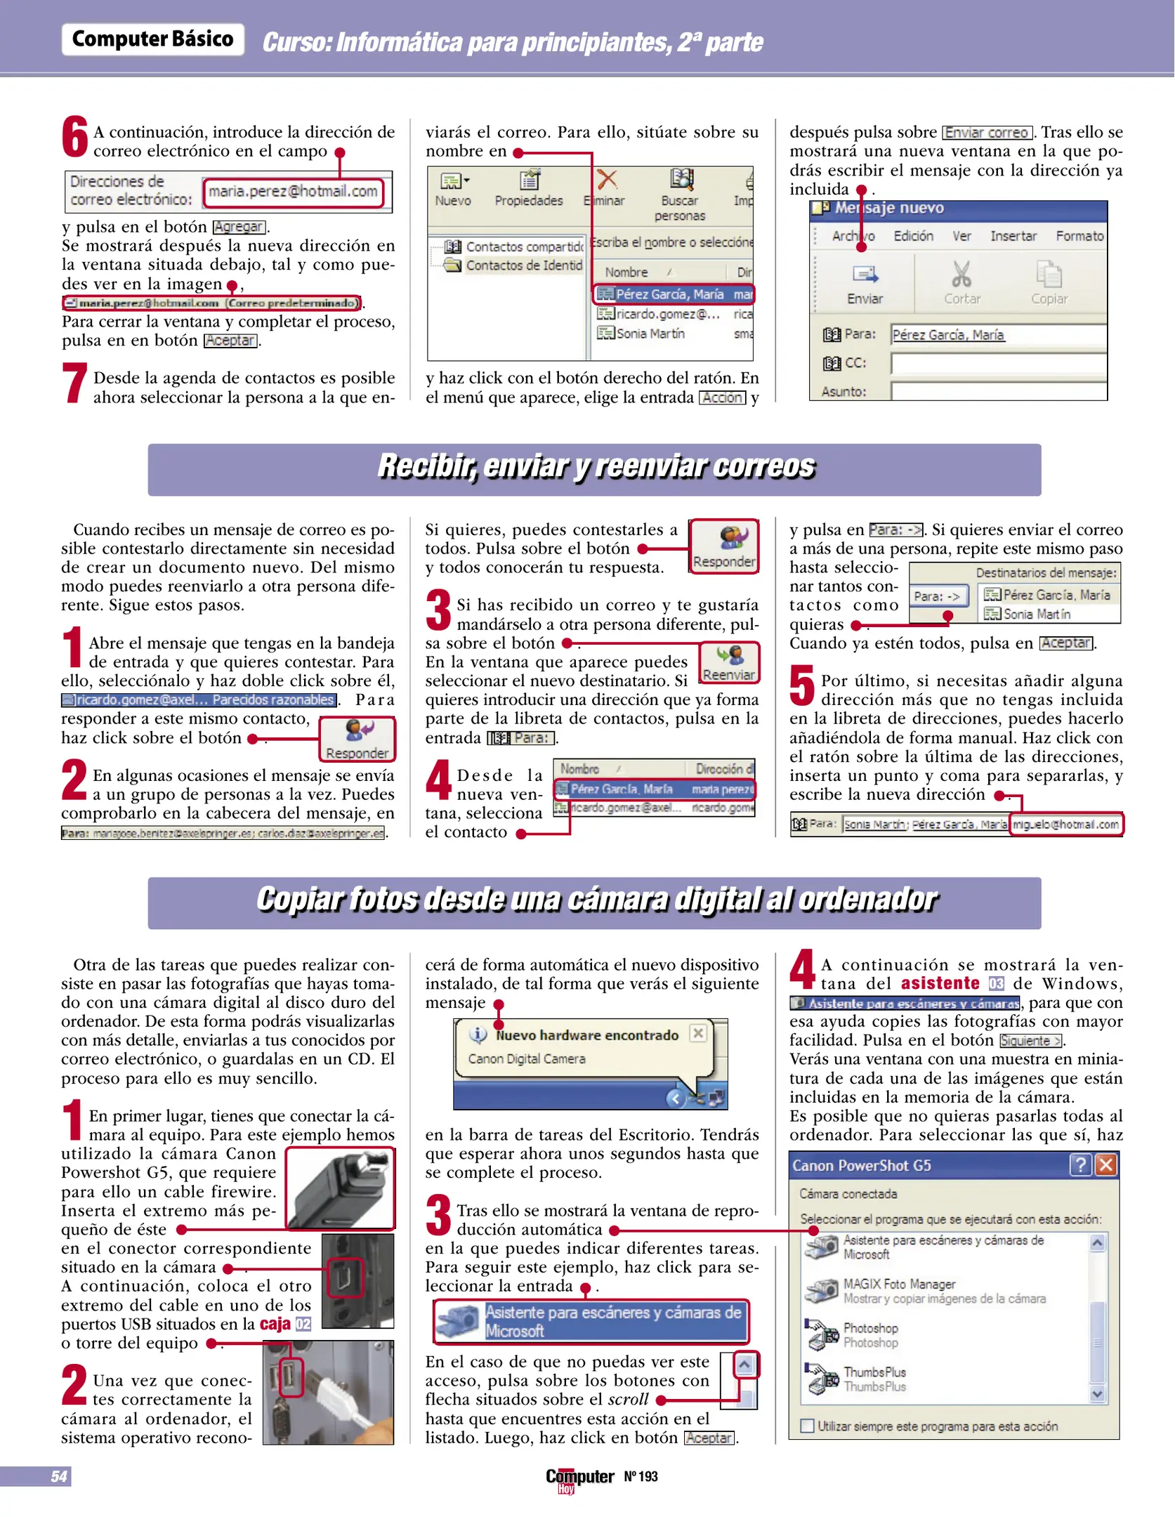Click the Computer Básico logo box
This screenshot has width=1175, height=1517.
pyautogui.click(x=152, y=39)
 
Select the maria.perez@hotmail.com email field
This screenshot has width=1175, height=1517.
pyautogui.click(x=293, y=192)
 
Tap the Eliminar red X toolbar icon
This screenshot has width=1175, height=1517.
pyautogui.click(x=607, y=180)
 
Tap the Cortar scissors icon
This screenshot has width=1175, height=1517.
pyautogui.click(x=961, y=275)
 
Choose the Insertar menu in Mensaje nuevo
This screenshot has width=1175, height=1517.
pyautogui.click(x=1013, y=236)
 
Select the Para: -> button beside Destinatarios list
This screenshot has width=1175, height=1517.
pyautogui.click(x=937, y=596)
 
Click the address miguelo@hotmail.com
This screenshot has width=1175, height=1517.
pyautogui.click(x=1065, y=825)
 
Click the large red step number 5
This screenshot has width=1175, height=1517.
pyautogui.click(x=801, y=687)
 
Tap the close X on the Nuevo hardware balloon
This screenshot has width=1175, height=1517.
pyautogui.click(x=697, y=1033)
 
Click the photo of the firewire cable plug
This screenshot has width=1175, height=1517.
pyautogui.click(x=341, y=1188)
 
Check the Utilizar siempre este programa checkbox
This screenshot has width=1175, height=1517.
pyautogui.click(x=808, y=1426)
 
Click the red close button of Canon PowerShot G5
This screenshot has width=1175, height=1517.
pyautogui.click(x=1105, y=1166)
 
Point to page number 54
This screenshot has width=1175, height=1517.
pyautogui.click(x=59, y=1476)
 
